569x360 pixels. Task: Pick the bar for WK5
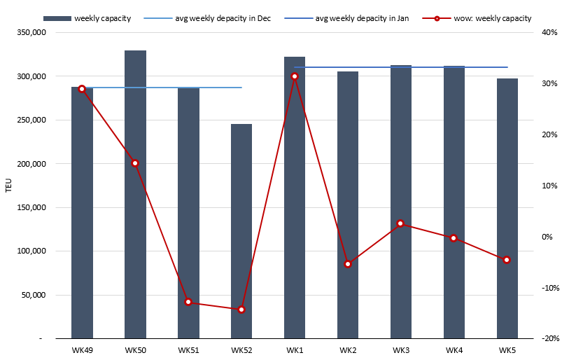point(507,210)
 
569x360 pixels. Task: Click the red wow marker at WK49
point(82,89)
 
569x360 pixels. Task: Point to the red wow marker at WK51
point(188,302)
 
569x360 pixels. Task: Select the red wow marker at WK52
point(241,309)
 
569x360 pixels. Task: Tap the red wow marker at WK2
point(347,264)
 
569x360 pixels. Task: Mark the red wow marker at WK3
point(400,223)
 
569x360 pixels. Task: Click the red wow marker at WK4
point(454,238)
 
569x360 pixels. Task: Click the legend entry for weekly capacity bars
point(102,18)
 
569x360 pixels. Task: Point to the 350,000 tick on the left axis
point(32,32)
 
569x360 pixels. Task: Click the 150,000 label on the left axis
point(32,207)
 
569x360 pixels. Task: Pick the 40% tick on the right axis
point(548,32)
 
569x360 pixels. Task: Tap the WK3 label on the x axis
point(401,349)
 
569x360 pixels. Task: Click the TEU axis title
point(8,186)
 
